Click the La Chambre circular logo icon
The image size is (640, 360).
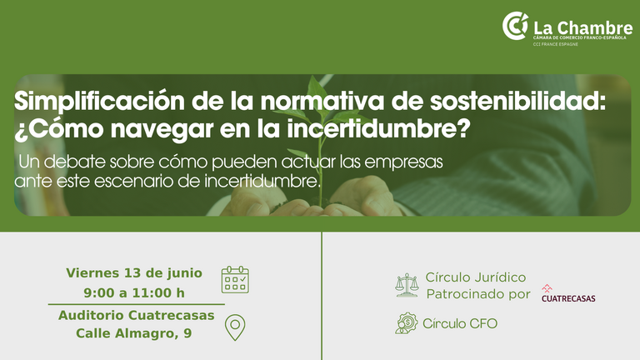click(x=515, y=26)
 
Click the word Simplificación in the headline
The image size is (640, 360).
click(x=100, y=102)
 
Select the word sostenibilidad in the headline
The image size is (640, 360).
click(x=518, y=101)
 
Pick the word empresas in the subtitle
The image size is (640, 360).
click(x=403, y=162)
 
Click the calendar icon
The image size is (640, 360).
click(x=235, y=280)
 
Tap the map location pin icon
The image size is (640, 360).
click(x=235, y=327)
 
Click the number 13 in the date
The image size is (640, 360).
click(x=132, y=272)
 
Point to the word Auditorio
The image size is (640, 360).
click(x=91, y=315)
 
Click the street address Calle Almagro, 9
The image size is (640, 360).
click(x=134, y=333)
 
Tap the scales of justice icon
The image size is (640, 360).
click(x=407, y=285)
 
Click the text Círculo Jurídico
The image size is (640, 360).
click(x=476, y=277)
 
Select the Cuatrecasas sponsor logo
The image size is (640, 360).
click(x=568, y=293)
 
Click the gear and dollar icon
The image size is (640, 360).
click(x=407, y=323)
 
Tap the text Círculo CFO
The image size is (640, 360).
click(x=460, y=323)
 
